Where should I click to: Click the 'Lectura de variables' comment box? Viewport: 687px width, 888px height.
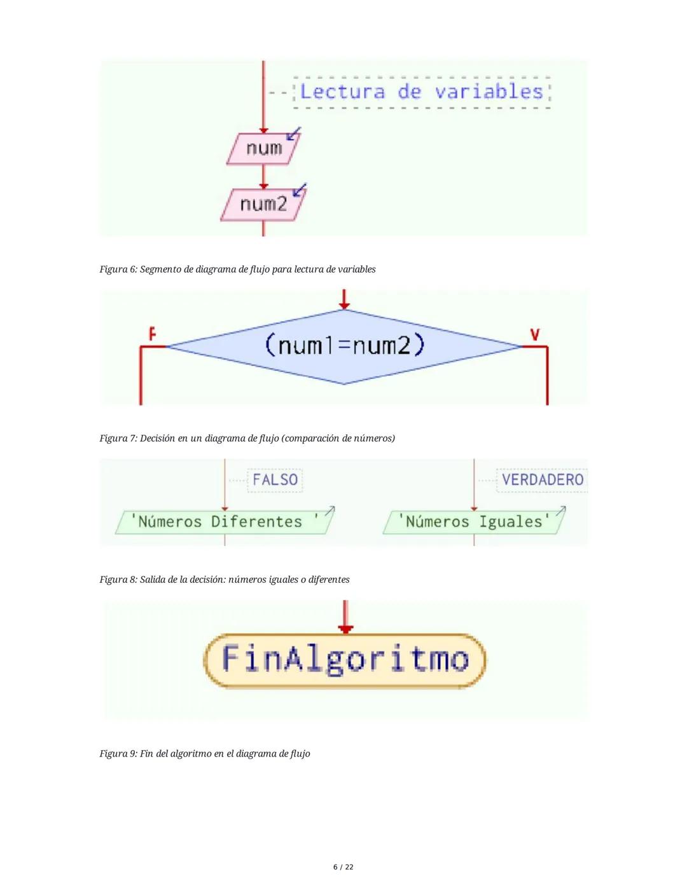[421, 92]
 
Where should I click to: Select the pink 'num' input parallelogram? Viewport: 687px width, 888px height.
[263, 149]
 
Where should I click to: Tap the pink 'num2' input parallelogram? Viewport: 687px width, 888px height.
[263, 204]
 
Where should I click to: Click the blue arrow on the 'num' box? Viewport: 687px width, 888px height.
[294, 133]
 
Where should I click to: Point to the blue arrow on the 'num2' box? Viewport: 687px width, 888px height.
[299, 189]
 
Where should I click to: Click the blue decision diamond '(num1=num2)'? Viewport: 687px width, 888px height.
[343, 346]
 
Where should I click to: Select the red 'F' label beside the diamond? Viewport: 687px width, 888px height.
[152, 333]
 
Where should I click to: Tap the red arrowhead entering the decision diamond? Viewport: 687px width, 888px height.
[344, 304]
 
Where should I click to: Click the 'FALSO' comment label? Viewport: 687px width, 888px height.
[275, 479]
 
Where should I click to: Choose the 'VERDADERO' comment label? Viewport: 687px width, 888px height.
[542, 479]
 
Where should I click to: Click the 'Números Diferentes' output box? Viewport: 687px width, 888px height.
[224, 522]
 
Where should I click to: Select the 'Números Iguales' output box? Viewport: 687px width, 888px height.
[473, 522]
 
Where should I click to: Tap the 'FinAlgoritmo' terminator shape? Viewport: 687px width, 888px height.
[345, 659]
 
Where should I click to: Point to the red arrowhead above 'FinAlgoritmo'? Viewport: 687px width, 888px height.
[345, 629]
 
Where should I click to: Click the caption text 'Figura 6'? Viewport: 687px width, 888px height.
[118, 270]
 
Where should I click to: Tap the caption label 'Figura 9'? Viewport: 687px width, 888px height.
[118, 754]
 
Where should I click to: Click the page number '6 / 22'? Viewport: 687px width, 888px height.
[343, 867]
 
